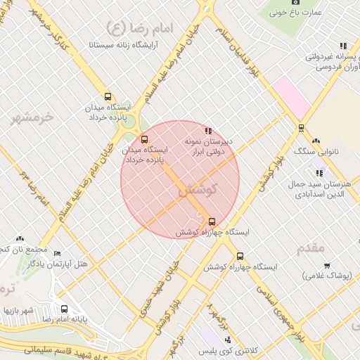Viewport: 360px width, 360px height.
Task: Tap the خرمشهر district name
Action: tap(32, 117)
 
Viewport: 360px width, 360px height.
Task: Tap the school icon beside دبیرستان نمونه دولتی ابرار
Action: tap(207, 130)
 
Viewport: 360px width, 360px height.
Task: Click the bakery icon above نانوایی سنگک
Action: tap(316, 141)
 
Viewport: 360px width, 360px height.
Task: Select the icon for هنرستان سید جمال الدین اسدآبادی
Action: tap(319, 172)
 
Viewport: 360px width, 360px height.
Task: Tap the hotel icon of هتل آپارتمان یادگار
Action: tap(57, 253)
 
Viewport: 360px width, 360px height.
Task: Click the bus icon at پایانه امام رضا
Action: tap(65, 309)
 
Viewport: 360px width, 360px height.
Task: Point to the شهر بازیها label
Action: tap(18, 310)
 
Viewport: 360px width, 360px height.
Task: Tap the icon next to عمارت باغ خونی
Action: tap(274, 12)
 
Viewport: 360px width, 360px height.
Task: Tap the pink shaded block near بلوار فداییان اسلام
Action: tap(291, 98)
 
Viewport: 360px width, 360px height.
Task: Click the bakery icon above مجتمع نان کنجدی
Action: tap(20, 238)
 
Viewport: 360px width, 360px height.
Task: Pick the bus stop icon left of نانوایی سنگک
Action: tap(301, 128)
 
